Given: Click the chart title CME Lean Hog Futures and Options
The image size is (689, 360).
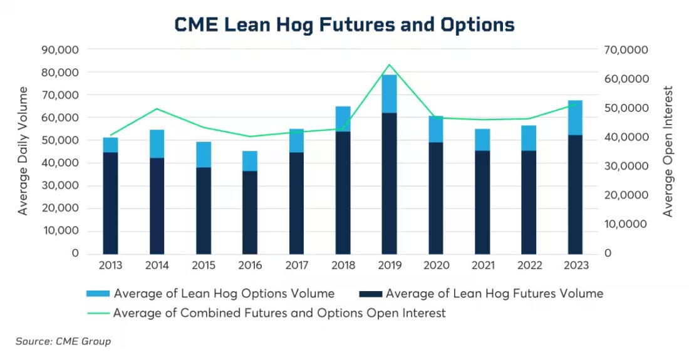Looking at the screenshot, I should tap(344, 24).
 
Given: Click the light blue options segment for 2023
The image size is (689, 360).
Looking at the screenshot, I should tap(575, 118).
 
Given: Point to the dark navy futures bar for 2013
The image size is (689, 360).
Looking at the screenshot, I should tap(111, 203).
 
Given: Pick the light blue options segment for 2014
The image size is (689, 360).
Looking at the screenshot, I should tap(157, 144).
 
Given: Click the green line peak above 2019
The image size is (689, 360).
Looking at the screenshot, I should tap(390, 64).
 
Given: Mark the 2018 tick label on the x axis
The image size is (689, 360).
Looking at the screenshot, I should tap(343, 265).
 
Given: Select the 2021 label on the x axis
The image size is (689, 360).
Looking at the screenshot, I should tap(482, 265).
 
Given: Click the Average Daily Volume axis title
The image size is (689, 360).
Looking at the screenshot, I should tap(23, 151).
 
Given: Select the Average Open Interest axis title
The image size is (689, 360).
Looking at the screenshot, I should tap(668, 151).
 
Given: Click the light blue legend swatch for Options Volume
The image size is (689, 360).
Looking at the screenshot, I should tap(99, 294).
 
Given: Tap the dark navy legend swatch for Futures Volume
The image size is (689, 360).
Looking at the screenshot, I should tap(371, 294).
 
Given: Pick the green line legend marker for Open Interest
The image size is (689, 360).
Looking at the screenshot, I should tap(99, 313).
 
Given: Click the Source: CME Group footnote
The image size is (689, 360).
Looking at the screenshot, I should tap(63, 341).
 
